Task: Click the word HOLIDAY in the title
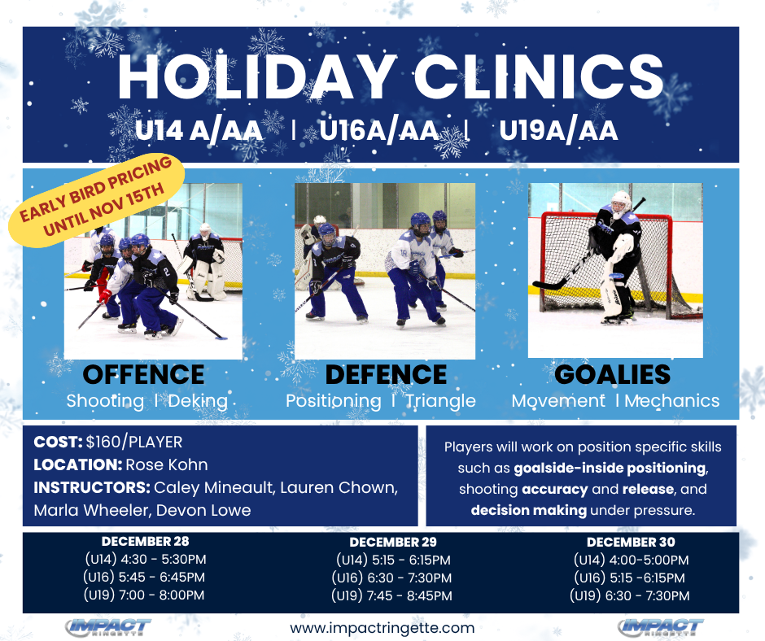[x=256, y=76]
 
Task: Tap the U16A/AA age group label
[x=379, y=130]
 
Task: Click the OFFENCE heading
[x=143, y=375]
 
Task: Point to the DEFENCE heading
[x=386, y=375]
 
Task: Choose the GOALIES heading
[x=613, y=375]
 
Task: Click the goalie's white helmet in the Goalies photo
[x=621, y=204]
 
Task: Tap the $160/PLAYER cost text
[x=134, y=442]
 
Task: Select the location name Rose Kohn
[x=167, y=465]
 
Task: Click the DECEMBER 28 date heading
[x=145, y=542]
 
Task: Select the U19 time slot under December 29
[x=391, y=595]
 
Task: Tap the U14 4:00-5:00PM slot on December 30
[x=631, y=560]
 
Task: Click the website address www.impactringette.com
[x=382, y=628]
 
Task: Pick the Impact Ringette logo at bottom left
[x=108, y=627]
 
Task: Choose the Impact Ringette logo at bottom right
[x=661, y=627]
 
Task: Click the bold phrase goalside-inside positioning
[x=610, y=469]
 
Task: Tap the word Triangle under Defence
[x=441, y=401]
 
